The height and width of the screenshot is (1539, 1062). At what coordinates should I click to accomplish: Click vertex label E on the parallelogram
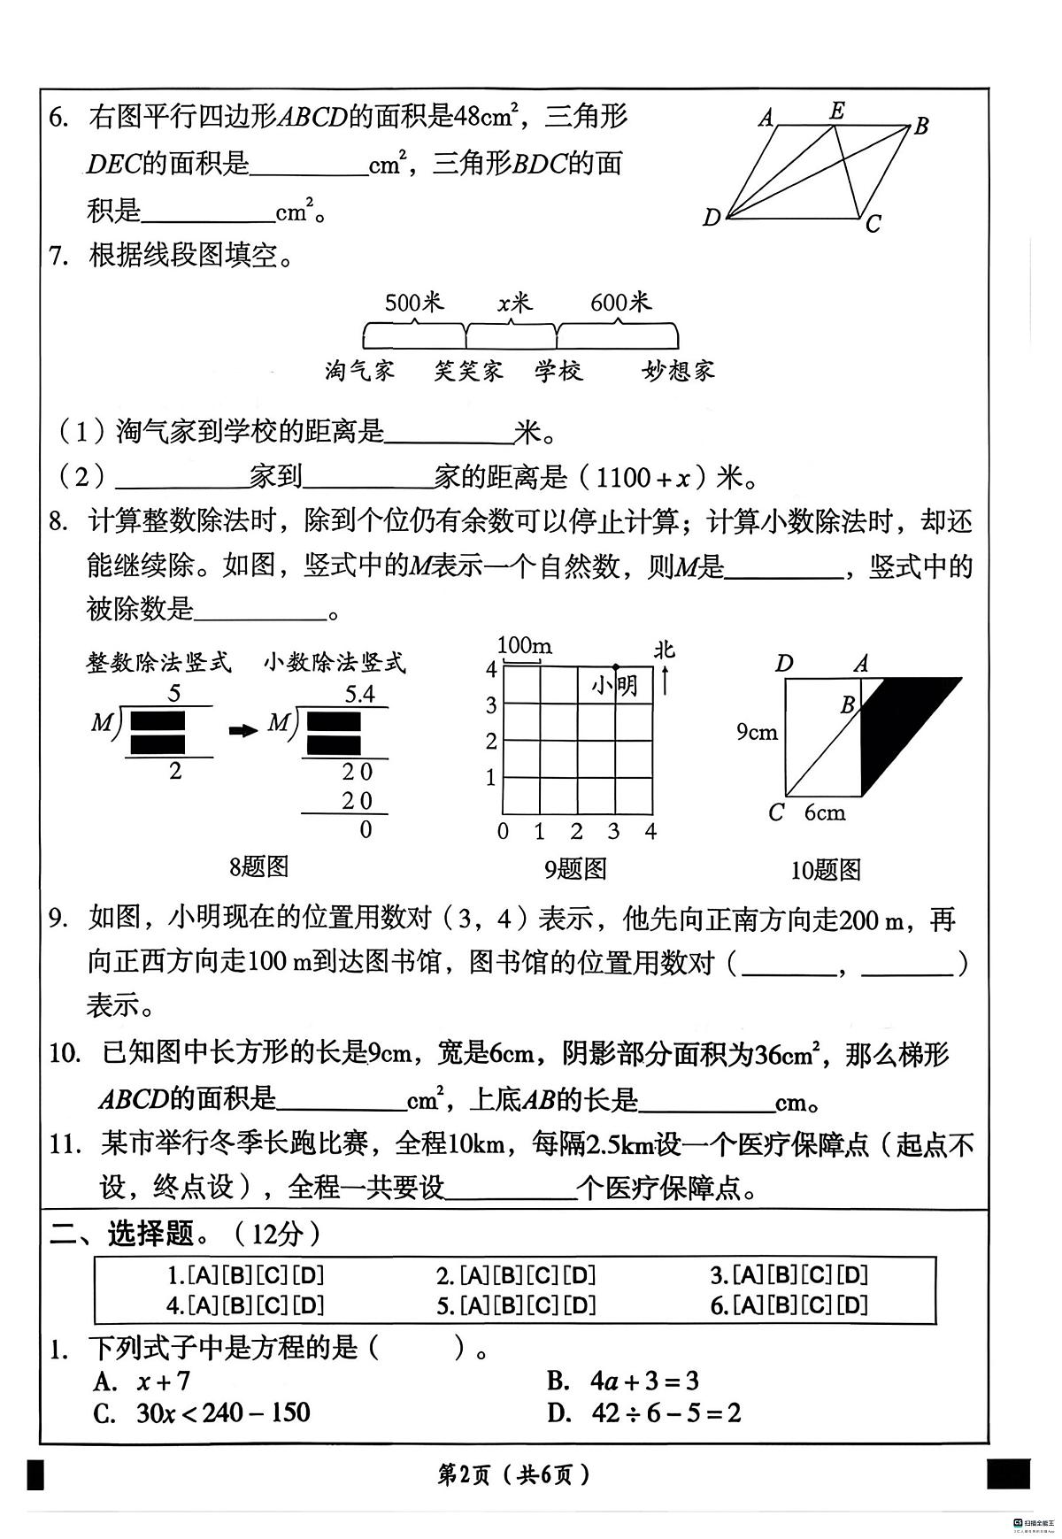(837, 111)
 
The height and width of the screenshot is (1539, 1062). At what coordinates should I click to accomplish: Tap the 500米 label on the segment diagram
(413, 304)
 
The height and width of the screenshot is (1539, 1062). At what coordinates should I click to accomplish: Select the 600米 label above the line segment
(620, 303)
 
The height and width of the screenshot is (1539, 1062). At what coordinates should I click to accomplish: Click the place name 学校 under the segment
(558, 371)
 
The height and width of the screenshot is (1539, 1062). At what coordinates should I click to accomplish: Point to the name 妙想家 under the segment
(678, 371)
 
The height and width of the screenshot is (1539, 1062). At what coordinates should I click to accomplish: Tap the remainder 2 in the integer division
(174, 771)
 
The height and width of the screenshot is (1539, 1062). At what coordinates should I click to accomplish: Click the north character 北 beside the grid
(664, 650)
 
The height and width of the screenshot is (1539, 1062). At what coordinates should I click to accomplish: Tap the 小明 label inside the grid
(615, 686)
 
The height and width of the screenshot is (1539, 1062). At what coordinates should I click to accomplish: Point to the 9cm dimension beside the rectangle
(758, 732)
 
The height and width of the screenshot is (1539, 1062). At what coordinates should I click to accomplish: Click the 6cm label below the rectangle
(824, 812)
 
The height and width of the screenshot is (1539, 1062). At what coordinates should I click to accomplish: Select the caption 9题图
(575, 869)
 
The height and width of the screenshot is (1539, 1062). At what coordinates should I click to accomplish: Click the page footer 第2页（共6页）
(513, 1474)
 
